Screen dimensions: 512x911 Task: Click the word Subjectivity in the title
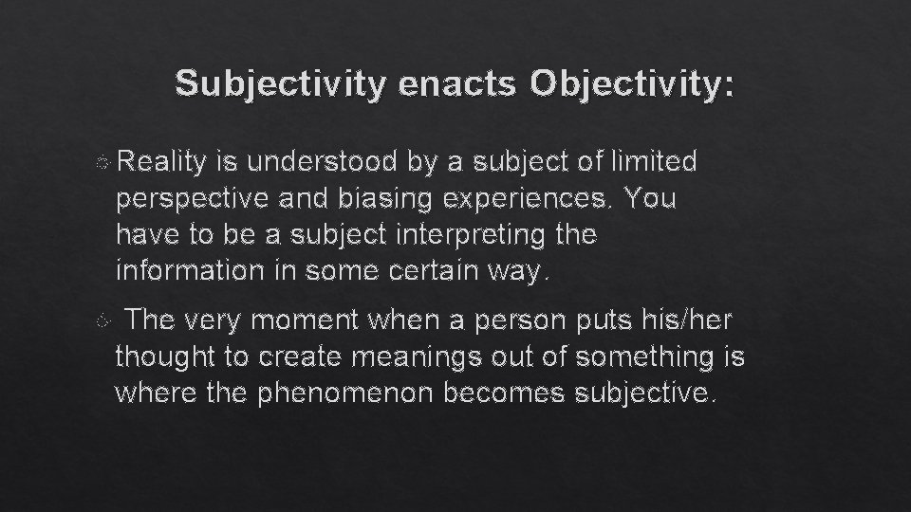[282, 85]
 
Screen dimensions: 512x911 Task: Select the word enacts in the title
[459, 85]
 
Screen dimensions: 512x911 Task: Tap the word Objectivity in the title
[632, 85]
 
